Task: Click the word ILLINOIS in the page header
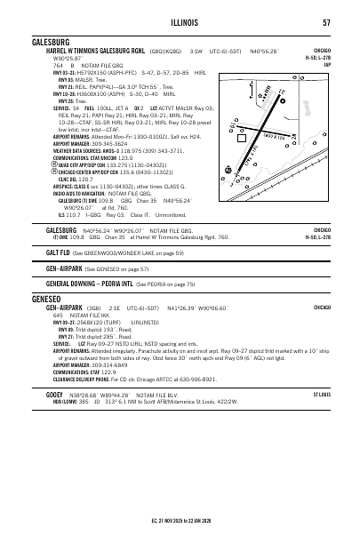point(180,23)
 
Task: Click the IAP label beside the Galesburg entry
point(328,65)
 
